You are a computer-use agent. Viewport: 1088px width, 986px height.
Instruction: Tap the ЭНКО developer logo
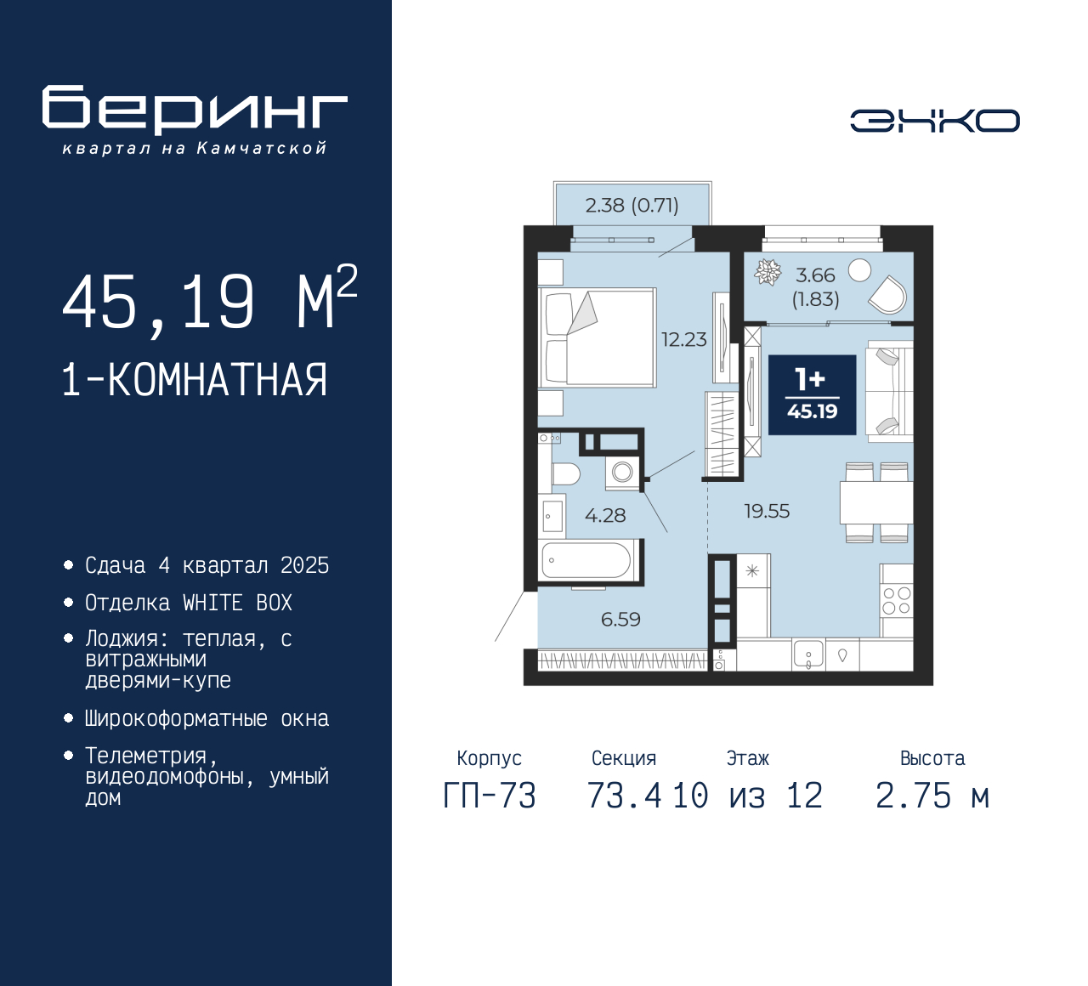coord(934,121)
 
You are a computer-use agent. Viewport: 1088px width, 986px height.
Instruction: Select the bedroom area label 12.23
coord(684,339)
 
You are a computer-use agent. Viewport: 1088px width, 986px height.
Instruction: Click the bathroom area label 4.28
coord(605,515)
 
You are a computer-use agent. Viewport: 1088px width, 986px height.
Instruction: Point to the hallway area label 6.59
coord(620,619)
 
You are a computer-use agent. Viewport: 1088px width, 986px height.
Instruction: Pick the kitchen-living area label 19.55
coord(767,511)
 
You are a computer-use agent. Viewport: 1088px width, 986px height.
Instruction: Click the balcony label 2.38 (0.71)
coord(632,206)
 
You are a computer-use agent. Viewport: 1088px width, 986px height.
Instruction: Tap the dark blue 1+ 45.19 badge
coord(813,395)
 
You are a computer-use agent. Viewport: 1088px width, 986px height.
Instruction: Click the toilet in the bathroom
coord(565,474)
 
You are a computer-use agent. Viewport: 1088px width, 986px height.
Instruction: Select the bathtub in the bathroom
coord(586,560)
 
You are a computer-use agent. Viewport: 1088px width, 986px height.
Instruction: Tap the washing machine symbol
coord(622,473)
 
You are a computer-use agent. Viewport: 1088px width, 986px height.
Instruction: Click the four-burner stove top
coord(897,600)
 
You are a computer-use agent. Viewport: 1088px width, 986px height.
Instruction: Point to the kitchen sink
coord(808,654)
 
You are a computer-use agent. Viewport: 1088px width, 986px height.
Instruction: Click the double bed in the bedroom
coord(598,337)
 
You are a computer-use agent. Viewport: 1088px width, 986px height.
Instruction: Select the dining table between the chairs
coord(876,502)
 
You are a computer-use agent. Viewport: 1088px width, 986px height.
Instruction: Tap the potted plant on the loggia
coord(768,272)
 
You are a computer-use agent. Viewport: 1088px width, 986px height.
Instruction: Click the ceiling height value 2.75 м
coord(932,796)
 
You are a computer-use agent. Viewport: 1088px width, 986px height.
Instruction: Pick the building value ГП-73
coord(490,796)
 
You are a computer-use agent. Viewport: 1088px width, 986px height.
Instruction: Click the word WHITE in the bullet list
coord(212,603)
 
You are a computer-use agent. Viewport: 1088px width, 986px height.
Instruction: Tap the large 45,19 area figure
coord(158,301)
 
